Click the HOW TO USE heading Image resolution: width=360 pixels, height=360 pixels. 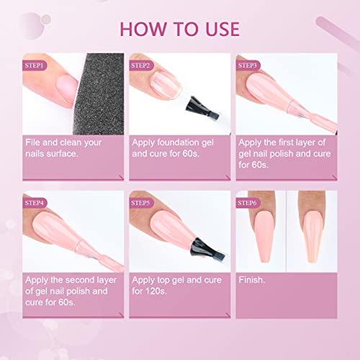click(x=180, y=30)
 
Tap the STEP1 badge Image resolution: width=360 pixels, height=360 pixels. click(x=35, y=66)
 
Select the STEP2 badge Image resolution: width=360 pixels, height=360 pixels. click(x=141, y=66)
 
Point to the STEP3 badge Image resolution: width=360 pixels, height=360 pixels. click(x=248, y=66)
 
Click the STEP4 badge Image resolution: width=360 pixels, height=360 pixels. click(x=35, y=203)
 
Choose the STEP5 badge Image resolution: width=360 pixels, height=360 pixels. click(x=141, y=203)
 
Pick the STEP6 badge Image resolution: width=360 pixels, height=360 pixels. click(x=248, y=203)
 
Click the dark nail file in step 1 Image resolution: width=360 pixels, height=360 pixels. click(x=99, y=94)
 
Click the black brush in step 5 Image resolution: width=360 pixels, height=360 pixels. click(x=207, y=251)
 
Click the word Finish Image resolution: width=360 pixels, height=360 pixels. click(x=252, y=280)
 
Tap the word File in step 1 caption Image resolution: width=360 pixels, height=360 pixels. click(x=32, y=143)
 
